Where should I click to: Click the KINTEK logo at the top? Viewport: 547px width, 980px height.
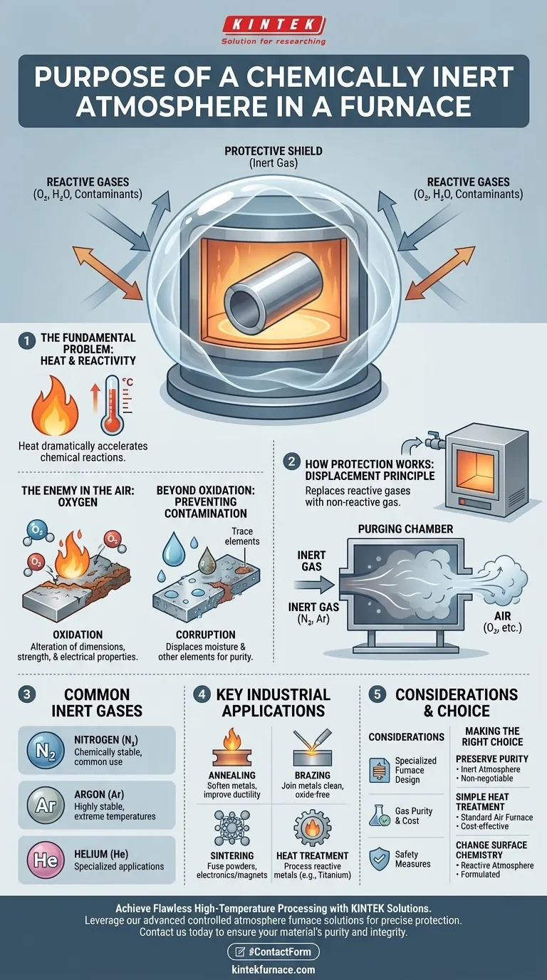click(273, 26)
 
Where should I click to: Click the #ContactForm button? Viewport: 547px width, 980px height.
click(273, 952)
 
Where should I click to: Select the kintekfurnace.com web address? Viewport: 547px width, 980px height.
click(273, 969)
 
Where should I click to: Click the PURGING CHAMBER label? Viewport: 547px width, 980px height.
click(405, 530)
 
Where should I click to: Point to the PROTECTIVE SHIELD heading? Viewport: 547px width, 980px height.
click(274, 151)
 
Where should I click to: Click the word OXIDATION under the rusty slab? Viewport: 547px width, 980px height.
click(78, 634)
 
